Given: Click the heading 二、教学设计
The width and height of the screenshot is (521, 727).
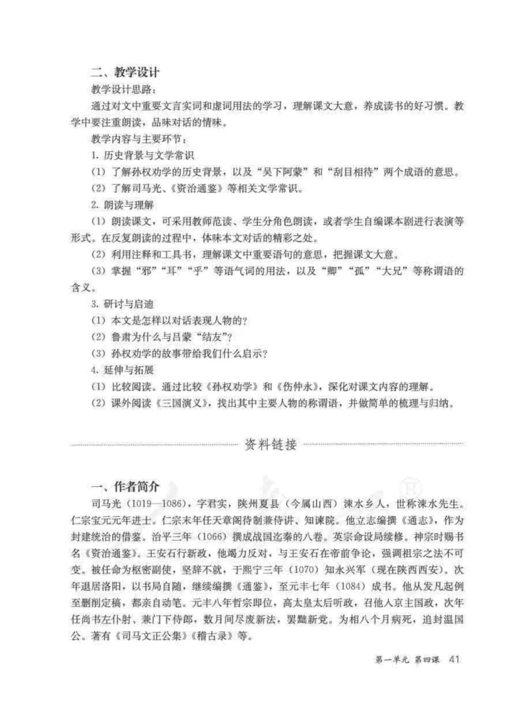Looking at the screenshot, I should coord(125,72).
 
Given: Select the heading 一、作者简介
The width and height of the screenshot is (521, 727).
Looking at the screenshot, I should coord(125,486).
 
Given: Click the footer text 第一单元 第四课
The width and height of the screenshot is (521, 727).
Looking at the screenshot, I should coord(407,660).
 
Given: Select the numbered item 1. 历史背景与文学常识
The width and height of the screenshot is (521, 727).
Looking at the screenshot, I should coord(143,155).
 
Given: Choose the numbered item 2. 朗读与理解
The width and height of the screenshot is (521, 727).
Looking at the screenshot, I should coord(123,205).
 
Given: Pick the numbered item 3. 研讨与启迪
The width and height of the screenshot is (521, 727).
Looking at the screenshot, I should coord(123,304).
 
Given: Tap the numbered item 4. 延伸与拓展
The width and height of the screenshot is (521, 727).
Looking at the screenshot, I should coord(123,370).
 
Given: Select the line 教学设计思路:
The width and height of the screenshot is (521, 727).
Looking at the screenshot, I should coord(124,89).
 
